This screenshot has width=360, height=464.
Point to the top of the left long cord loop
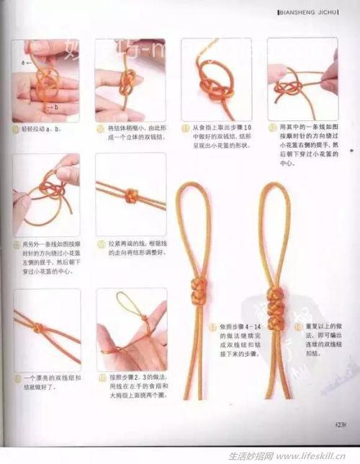(x=192, y=187)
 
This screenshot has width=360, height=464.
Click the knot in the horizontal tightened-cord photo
(x=132, y=195)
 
